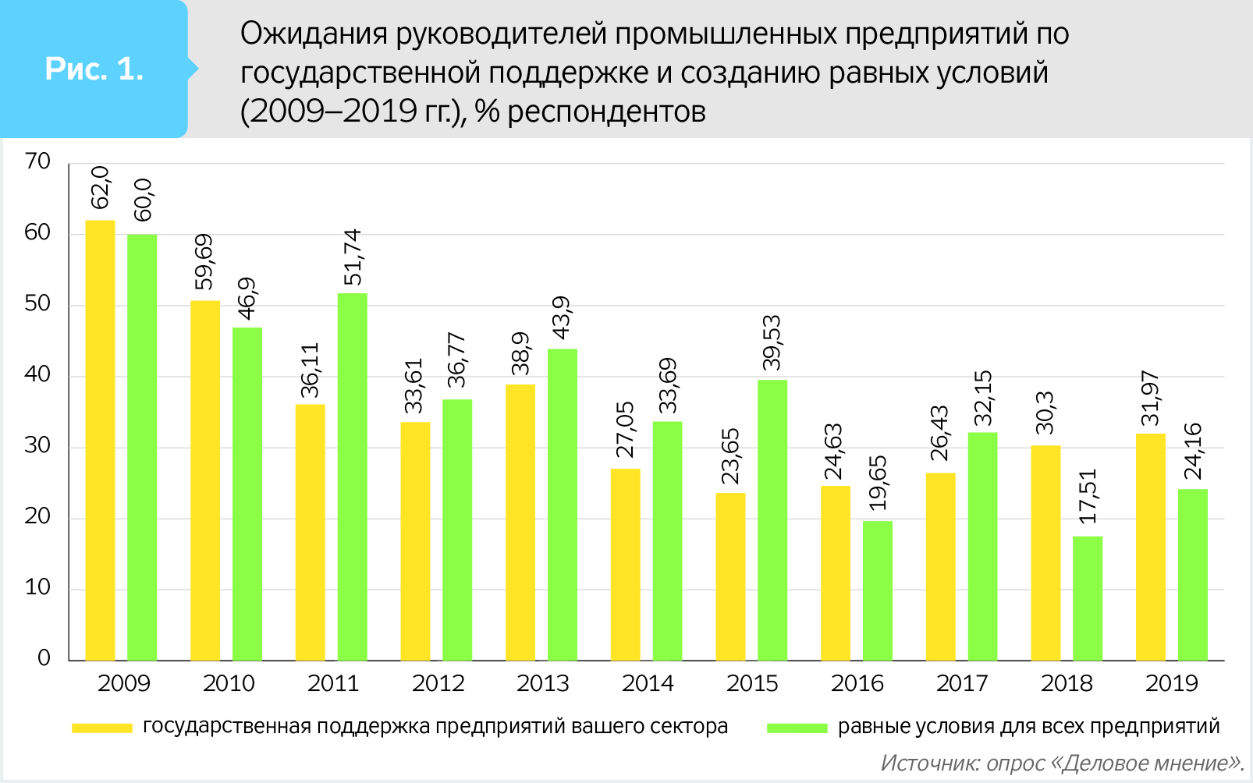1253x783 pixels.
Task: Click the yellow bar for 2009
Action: point(100,441)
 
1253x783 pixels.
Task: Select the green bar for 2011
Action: point(352,477)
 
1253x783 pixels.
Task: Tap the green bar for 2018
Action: point(1088,598)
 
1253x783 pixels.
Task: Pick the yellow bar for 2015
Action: point(730,576)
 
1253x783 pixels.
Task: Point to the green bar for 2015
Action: point(772,520)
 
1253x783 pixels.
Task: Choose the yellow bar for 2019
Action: point(1150,547)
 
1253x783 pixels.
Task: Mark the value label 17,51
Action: point(1087,496)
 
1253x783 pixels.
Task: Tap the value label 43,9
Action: point(562,318)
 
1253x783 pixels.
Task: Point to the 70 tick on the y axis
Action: point(37,162)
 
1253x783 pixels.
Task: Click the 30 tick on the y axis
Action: point(37,446)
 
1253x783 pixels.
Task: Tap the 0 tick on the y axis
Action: point(44,658)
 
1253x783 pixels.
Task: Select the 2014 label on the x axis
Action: point(648,684)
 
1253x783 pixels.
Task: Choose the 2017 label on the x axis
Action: point(962,684)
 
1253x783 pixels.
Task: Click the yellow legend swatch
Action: point(102,728)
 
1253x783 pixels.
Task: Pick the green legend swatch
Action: point(797,728)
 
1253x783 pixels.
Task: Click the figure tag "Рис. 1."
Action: point(94,69)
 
